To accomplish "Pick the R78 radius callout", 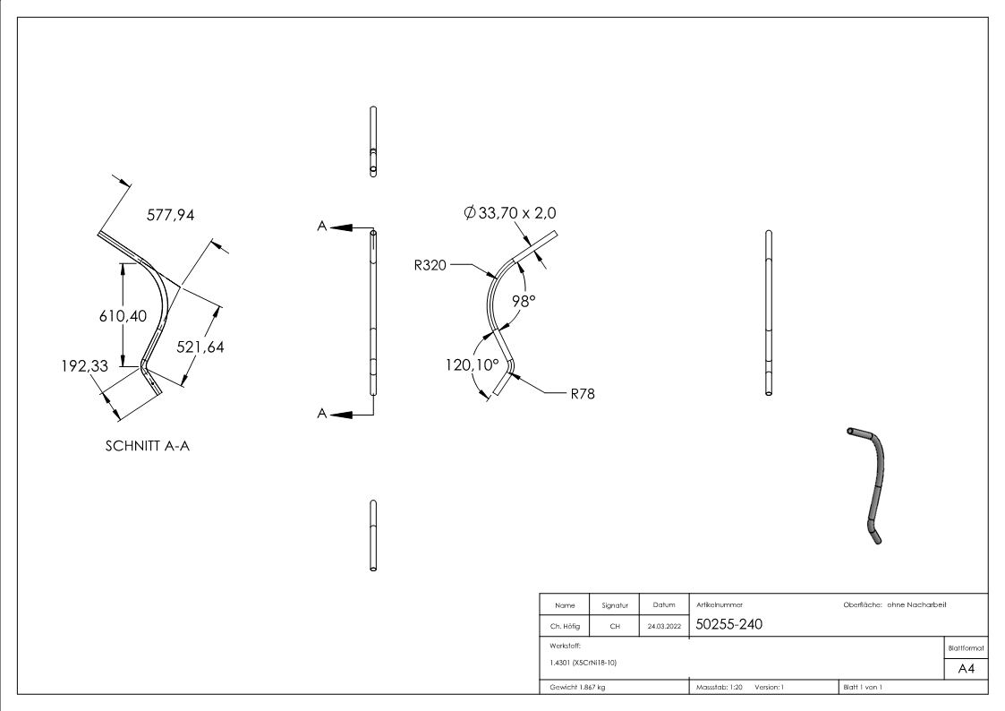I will click(x=583, y=393).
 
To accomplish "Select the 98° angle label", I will click(x=524, y=301).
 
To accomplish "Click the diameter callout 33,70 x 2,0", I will click(x=513, y=213).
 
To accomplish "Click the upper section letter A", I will click(x=321, y=227).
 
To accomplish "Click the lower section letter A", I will click(x=321, y=413).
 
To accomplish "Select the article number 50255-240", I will click(x=729, y=624).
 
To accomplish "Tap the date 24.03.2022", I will click(x=665, y=626).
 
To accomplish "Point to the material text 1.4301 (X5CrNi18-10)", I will click(x=582, y=663).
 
